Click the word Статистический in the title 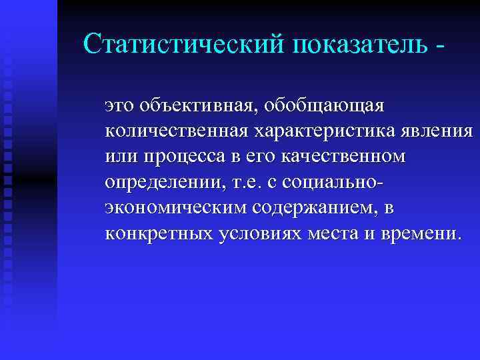click(x=181, y=43)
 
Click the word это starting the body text click(x=117, y=105)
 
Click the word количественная click(x=176, y=131)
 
